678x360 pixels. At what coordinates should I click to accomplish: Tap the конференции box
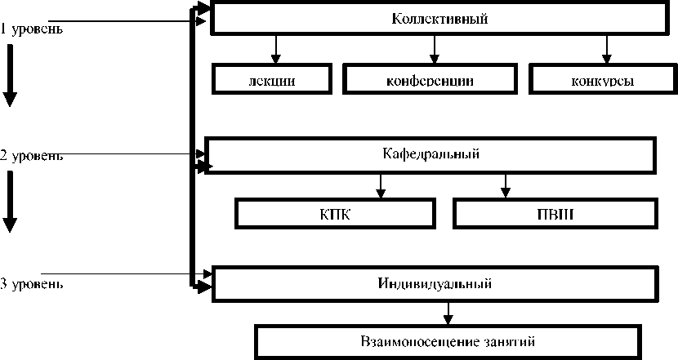[430, 80]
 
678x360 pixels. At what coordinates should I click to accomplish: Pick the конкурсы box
[604, 80]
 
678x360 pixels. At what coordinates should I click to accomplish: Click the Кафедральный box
[430, 154]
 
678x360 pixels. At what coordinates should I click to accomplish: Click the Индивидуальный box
[434, 284]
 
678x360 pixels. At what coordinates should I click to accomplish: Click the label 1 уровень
[32, 30]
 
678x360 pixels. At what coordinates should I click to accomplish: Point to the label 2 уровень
[32, 156]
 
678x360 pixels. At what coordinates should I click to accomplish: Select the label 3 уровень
[32, 285]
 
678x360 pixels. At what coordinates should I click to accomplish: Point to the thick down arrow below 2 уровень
[10, 204]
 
